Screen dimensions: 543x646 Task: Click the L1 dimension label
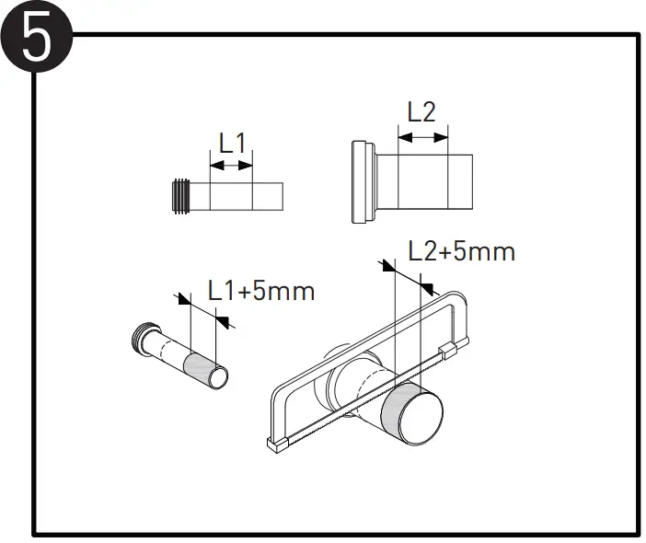pos(232,143)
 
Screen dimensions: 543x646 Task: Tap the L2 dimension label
pos(421,112)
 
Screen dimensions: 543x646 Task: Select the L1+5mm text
pos(261,291)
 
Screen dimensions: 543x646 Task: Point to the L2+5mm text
pos(461,251)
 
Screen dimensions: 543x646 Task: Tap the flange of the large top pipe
pos(361,181)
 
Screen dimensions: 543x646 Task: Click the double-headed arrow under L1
pos(231,166)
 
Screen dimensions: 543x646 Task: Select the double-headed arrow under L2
pos(421,137)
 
